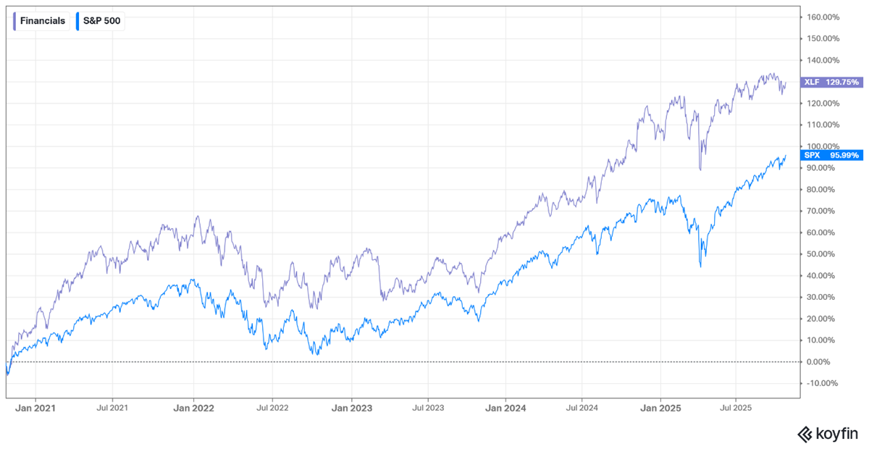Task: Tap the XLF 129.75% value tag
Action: [832, 83]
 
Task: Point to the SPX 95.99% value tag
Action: [832, 155]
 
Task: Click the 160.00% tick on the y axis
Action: [823, 17]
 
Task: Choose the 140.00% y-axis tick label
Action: [823, 60]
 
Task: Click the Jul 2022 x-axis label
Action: [272, 408]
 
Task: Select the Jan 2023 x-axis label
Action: [352, 408]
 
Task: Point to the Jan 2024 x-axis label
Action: [505, 408]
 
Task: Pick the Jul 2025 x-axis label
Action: [736, 408]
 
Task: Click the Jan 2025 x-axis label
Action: [660, 408]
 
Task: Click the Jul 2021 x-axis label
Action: [112, 408]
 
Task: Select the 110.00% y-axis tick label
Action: [823, 125]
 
